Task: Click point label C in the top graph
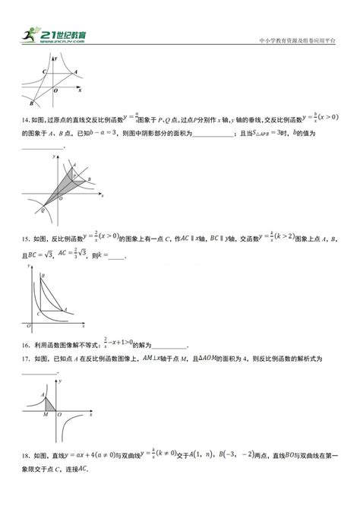pos(44,71)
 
